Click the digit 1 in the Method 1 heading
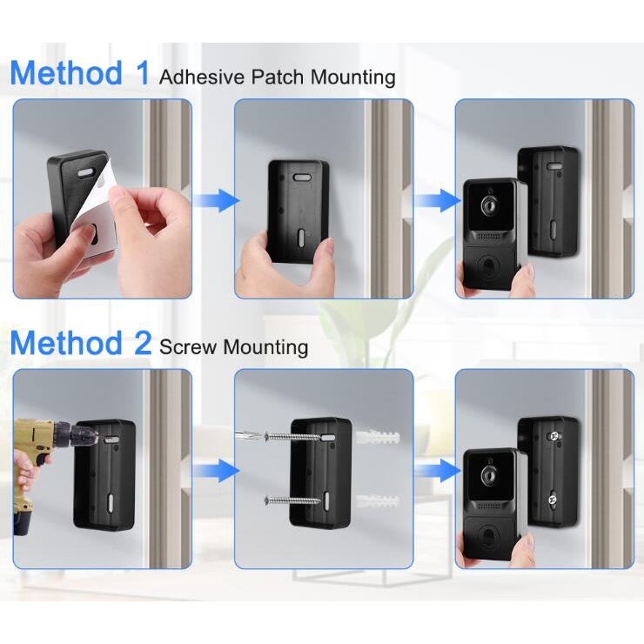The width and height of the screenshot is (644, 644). [143, 73]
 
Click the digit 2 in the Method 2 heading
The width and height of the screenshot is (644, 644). [143, 343]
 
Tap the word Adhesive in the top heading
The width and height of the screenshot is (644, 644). [202, 77]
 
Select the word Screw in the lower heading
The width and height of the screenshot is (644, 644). [187, 347]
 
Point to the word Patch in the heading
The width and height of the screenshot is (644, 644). [278, 77]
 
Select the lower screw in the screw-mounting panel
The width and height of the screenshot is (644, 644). [292, 500]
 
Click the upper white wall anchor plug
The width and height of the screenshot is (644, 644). [379, 436]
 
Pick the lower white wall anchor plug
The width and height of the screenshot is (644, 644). [378, 501]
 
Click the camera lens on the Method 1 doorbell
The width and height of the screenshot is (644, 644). [489, 205]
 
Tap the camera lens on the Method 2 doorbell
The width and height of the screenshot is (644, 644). [489, 474]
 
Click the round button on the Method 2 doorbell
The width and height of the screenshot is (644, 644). [488, 533]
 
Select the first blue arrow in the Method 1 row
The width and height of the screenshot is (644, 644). [216, 200]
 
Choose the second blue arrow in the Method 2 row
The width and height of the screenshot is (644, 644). [438, 471]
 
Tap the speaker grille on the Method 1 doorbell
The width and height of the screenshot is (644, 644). [490, 237]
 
